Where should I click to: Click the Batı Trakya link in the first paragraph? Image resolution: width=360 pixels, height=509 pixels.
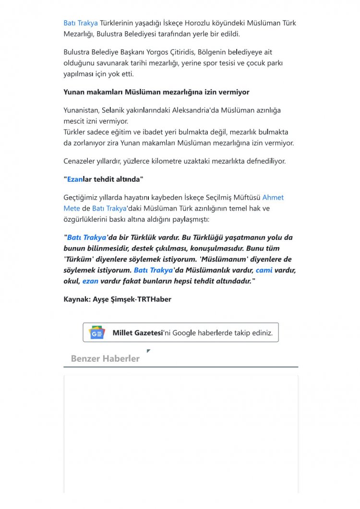81,23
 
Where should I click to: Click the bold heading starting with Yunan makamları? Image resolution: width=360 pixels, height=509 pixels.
156,92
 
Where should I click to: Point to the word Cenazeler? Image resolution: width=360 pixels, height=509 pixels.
82,161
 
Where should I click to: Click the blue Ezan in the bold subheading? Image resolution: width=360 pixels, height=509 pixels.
75,179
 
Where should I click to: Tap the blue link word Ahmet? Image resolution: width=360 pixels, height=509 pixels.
273,198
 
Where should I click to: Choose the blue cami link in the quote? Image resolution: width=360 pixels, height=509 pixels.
264,270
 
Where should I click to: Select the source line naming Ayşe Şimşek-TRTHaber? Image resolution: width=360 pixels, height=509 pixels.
117,299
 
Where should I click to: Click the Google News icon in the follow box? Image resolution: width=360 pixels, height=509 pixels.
97,332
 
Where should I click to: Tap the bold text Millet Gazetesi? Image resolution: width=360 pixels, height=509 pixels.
138,332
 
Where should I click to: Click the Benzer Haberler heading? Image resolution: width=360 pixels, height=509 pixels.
105,359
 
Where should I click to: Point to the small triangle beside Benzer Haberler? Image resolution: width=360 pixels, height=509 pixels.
148,351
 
